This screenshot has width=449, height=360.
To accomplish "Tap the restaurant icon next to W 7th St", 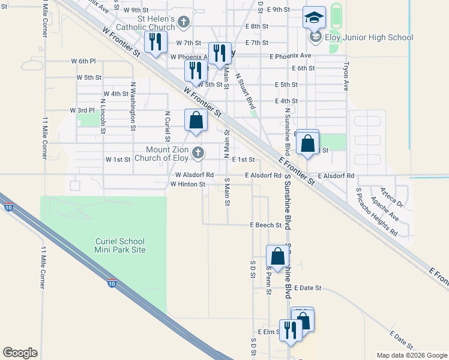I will (x=154, y=42).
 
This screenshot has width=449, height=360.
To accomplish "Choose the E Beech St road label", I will (x=266, y=226).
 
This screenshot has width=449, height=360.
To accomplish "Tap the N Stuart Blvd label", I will (x=245, y=91).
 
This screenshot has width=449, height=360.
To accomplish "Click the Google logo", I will (x=20, y=353).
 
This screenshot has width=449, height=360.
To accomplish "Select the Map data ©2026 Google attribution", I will (x=411, y=355).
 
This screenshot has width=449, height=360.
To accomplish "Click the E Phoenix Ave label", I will (x=291, y=56).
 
